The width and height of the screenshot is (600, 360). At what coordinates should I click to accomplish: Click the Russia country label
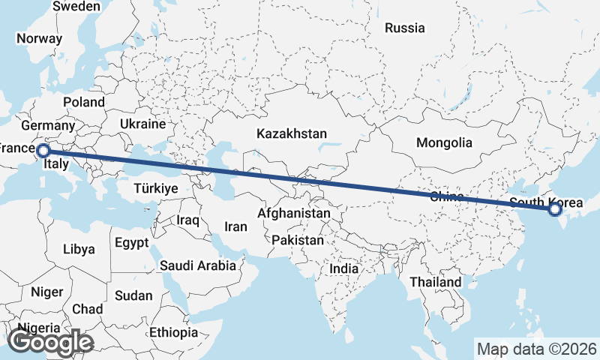[405, 28]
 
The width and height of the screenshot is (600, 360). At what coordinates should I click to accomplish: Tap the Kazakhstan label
[292, 133]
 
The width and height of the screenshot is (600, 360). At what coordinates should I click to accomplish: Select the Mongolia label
[445, 142]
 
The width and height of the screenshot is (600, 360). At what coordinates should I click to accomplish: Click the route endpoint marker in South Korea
[555, 209]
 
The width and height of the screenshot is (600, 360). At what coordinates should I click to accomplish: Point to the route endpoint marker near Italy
[43, 151]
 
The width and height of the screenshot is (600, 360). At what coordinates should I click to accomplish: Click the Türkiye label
[156, 188]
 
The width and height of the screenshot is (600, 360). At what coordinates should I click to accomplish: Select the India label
[344, 268]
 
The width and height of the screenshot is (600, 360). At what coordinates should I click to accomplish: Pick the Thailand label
[436, 281]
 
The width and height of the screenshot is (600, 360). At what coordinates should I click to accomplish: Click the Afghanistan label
[294, 213]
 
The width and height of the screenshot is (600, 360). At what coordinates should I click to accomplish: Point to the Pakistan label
[298, 240]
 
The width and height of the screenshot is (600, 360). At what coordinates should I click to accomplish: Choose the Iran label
[235, 226]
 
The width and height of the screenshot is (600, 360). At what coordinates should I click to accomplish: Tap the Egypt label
[133, 242]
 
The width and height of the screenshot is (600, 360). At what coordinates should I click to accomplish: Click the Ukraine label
[142, 124]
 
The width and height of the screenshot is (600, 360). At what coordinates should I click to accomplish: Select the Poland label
[84, 102]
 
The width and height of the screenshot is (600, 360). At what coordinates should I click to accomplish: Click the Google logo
[50, 342]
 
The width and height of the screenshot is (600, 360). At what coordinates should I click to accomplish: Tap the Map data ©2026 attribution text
[537, 349]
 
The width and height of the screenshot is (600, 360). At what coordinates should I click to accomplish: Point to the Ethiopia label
[173, 331]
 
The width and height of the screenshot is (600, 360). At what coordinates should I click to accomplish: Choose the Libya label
[79, 248]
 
